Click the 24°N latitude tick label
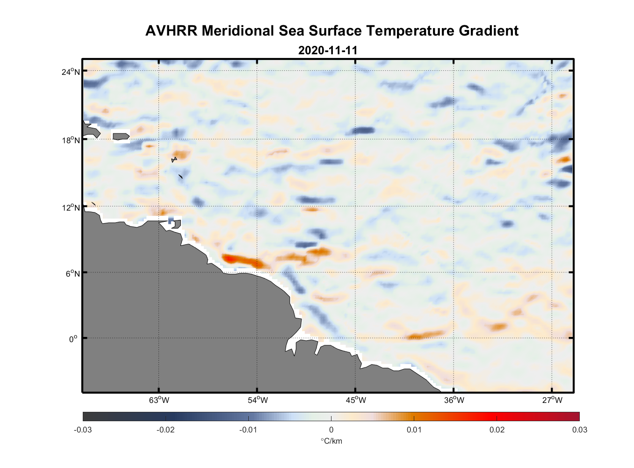pos(71,72)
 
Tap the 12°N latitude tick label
pos(71,207)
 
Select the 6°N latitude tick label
pos(72,273)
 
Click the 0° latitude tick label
pos(73,339)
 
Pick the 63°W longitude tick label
pos(159,400)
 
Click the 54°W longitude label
pos(257,400)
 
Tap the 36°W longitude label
pos(454,400)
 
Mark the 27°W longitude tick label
pos(552,400)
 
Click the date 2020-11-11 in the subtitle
pos(328,51)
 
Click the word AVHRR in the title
pos(171,31)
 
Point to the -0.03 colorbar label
pos(83,430)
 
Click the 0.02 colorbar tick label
pos(497,430)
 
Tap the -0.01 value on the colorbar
pos(248,430)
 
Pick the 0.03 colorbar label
pos(579,430)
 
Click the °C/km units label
pos(331,441)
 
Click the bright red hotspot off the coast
pos(229,258)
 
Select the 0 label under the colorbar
pos(331,430)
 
